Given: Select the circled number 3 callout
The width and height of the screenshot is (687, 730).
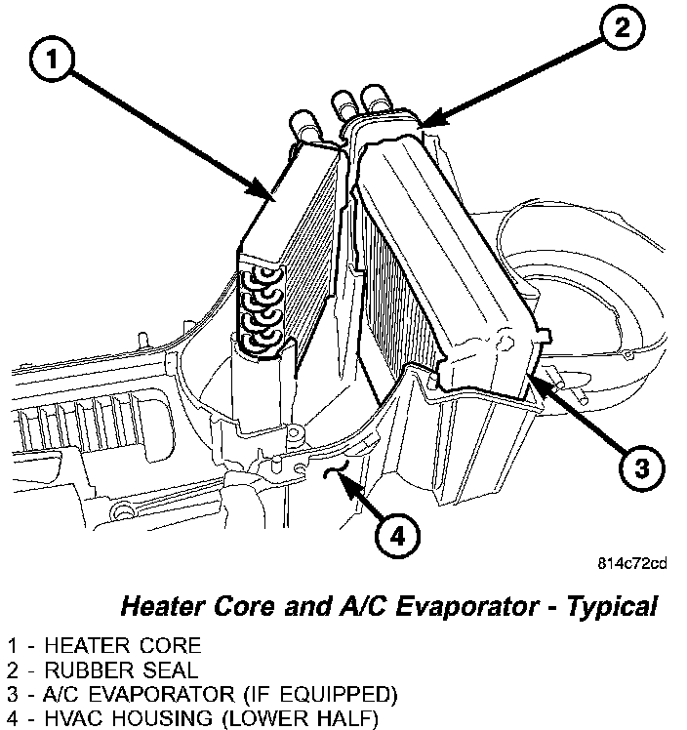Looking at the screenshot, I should coord(637,469).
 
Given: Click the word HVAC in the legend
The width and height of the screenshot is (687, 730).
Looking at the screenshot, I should coord(67,719).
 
